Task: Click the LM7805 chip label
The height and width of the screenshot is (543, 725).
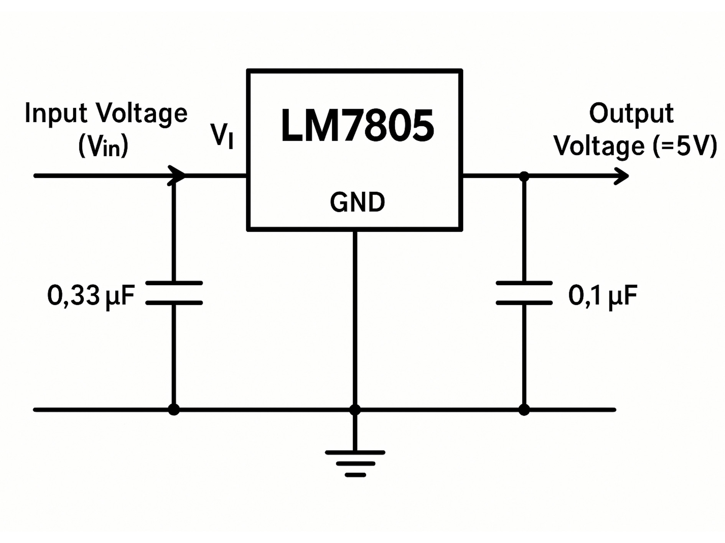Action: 357,126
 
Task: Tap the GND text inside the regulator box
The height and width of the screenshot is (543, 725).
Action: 357,202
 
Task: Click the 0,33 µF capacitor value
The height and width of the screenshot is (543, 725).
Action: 91,295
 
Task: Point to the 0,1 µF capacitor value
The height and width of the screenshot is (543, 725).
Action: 603,295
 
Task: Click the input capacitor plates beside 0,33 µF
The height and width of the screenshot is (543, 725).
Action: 174,293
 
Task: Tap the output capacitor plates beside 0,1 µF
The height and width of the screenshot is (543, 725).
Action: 524,293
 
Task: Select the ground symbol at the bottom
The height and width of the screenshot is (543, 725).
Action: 355,463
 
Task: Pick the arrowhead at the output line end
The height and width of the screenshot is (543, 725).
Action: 621,176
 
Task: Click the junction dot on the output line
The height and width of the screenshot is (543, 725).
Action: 524,176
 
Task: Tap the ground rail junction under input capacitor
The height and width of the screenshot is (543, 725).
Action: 174,410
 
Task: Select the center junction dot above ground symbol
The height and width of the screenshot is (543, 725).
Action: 355,410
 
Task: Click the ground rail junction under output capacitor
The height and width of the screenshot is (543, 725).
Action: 524,410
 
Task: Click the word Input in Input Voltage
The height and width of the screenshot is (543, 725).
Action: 56,113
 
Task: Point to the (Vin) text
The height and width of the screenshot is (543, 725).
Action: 103,146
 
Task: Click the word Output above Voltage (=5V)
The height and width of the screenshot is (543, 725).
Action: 631,113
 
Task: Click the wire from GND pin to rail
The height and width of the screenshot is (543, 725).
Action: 355,318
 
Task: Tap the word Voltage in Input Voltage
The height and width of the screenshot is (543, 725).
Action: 141,113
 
